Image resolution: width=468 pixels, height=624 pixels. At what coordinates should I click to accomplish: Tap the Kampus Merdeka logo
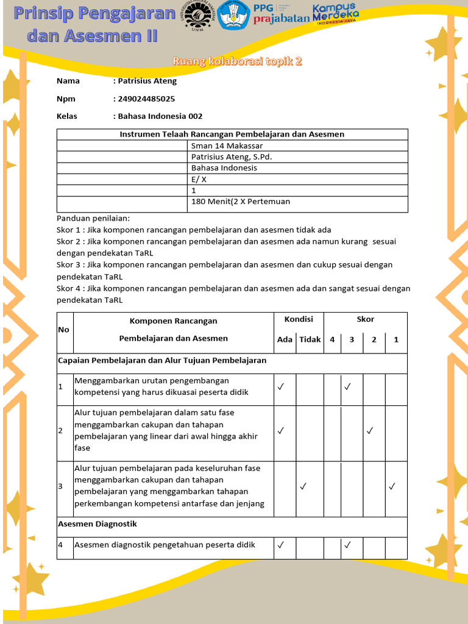point(335,13)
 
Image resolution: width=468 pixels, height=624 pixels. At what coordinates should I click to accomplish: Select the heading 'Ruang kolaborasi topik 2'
point(237,62)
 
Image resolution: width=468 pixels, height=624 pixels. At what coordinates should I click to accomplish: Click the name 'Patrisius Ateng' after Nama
point(147,81)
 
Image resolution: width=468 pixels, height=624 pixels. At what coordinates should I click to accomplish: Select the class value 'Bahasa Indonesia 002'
point(160,116)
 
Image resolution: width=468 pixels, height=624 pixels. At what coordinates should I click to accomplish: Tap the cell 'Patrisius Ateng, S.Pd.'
point(231,157)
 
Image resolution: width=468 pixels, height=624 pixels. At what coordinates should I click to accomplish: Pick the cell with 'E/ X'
point(199,179)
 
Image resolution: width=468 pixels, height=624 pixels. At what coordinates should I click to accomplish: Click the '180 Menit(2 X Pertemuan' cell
point(240,202)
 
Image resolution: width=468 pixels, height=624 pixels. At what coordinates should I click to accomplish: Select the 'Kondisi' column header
point(299,319)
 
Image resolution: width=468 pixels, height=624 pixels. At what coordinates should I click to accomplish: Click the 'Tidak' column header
point(310,340)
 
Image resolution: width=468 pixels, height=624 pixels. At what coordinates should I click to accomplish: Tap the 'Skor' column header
point(365,319)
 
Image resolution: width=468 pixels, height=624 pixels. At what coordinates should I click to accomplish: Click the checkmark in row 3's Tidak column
point(303,486)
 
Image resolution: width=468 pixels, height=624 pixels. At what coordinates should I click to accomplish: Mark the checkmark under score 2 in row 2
point(369,431)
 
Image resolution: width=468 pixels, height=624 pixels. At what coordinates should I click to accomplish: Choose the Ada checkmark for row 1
point(280,386)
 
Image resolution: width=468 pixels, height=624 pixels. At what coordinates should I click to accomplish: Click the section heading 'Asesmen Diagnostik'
point(97,524)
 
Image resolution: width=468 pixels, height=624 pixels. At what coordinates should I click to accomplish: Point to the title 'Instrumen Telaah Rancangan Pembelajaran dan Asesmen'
point(232,135)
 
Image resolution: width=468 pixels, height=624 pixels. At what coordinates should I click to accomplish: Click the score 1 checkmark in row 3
point(392,486)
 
